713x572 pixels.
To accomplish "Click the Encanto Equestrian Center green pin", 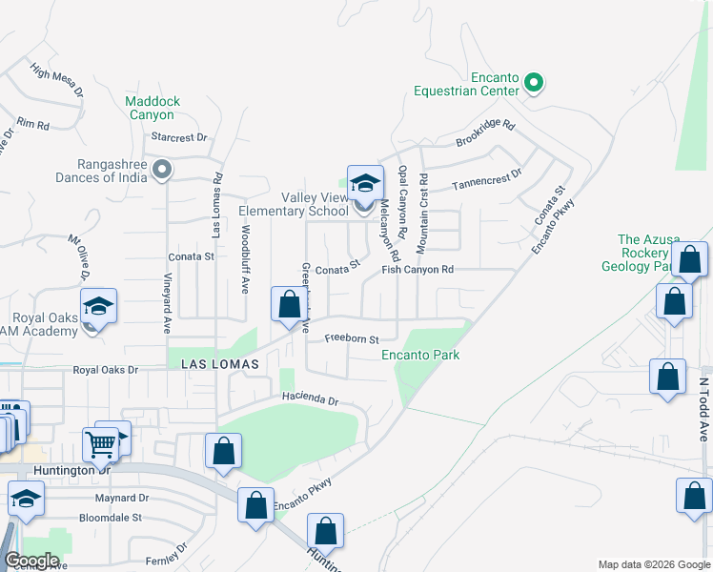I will click(x=534, y=84).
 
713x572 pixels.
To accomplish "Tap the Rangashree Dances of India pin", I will click(x=162, y=171).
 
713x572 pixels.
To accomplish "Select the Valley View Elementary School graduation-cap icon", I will click(x=365, y=183).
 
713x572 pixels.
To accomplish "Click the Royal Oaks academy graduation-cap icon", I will click(x=98, y=306).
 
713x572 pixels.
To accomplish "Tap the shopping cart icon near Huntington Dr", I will click(x=100, y=442).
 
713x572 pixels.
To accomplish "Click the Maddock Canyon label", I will click(x=152, y=108).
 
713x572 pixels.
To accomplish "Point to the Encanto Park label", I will click(x=420, y=356).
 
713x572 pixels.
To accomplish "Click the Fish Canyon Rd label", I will click(x=417, y=270).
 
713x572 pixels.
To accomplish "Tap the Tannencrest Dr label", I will click(x=487, y=179).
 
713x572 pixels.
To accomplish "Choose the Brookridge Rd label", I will click(x=485, y=133).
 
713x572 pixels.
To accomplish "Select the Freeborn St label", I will click(x=351, y=338).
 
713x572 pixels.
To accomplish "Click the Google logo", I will click(x=31, y=561).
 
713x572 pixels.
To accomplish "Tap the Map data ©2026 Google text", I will click(x=653, y=564).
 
